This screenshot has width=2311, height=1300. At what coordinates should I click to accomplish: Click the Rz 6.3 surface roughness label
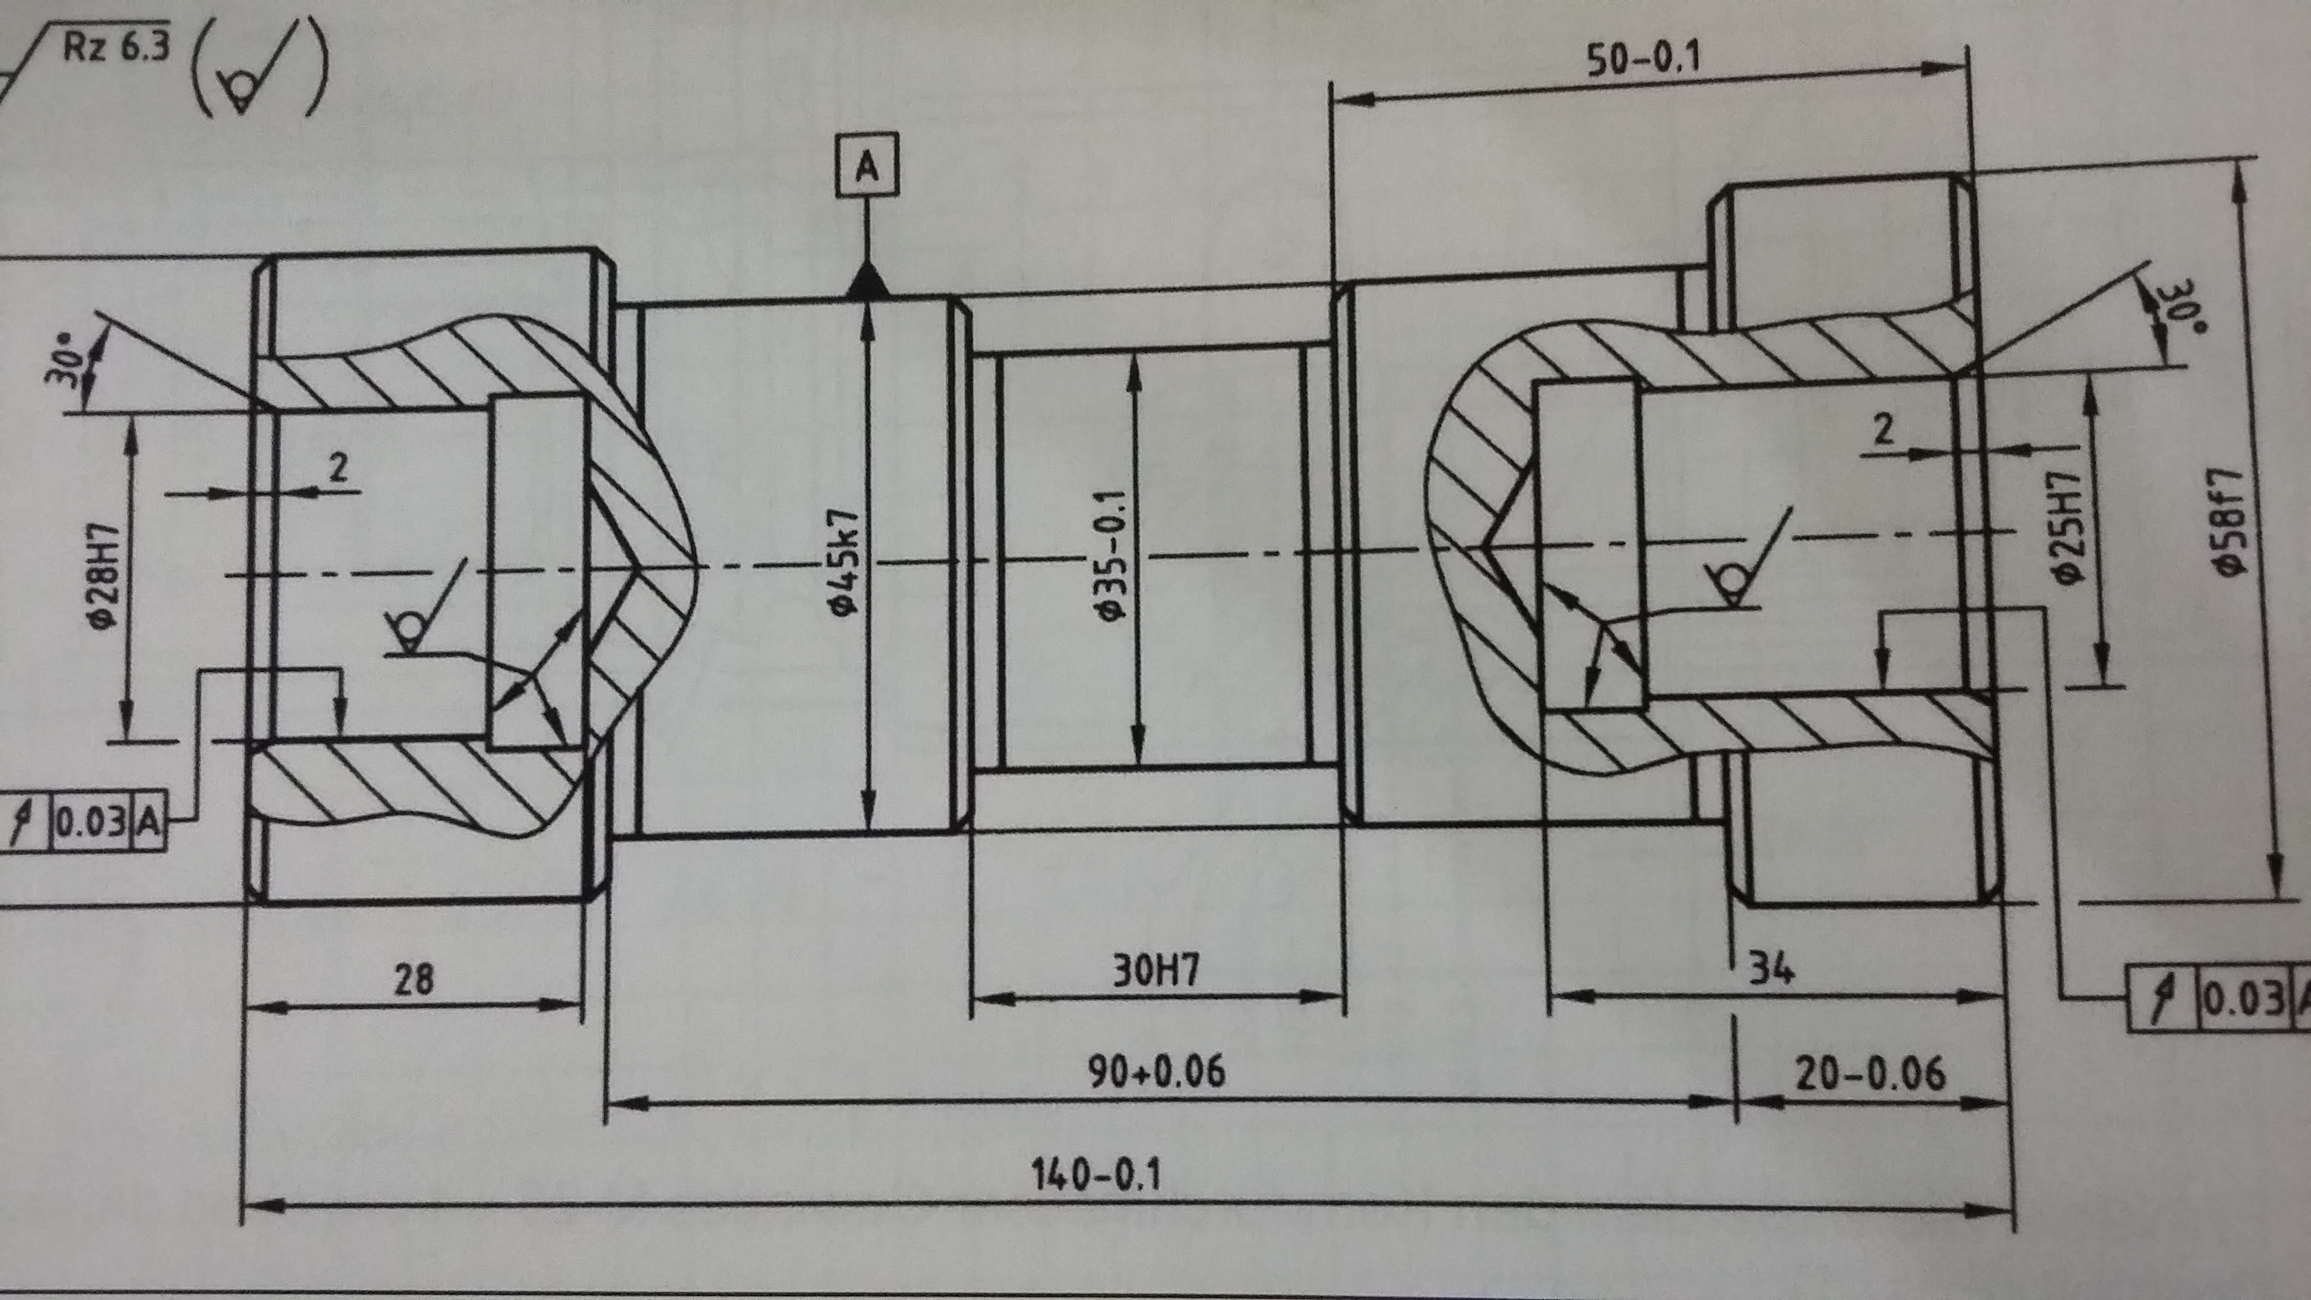click(115, 47)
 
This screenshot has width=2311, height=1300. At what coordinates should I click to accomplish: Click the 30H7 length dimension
click(1155, 971)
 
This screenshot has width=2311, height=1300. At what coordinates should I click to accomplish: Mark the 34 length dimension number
click(1770, 969)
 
